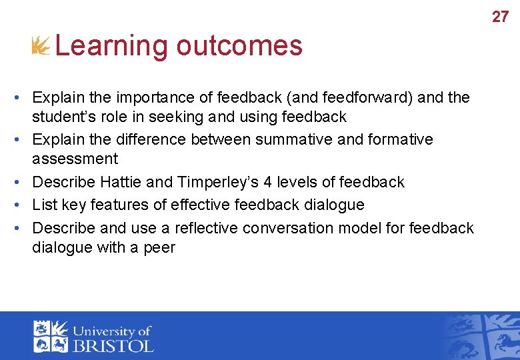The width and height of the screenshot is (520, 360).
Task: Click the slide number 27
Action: coord(500,17)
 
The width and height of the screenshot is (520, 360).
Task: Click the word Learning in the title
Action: coord(112,46)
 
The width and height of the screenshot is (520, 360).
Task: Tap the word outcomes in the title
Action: coord(239,46)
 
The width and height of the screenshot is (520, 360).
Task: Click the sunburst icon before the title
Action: coord(41,46)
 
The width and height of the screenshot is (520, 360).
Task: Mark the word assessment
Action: coord(75,159)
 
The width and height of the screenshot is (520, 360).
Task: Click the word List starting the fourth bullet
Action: coord(43,205)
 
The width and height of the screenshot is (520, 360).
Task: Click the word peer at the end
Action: coord(159,247)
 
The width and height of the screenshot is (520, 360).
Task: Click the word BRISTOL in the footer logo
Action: coord(113,345)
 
